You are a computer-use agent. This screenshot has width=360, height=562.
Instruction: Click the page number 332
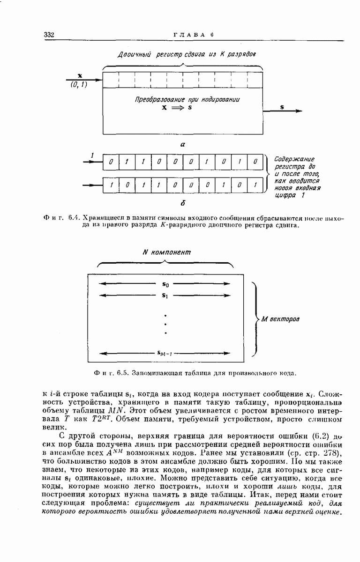pos(49,35)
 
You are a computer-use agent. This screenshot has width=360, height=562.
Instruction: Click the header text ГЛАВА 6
pos(194,35)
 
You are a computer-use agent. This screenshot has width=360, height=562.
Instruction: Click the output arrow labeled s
pos(282,111)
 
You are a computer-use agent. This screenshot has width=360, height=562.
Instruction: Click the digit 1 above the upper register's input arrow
pos(92,155)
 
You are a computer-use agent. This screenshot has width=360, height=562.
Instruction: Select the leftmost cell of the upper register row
pos(111,162)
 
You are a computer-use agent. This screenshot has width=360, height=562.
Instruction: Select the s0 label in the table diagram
pos(165,284)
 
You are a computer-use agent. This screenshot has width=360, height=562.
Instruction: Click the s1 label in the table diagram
pos(165,295)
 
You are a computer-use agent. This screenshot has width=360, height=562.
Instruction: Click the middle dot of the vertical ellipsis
pos(165,324)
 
